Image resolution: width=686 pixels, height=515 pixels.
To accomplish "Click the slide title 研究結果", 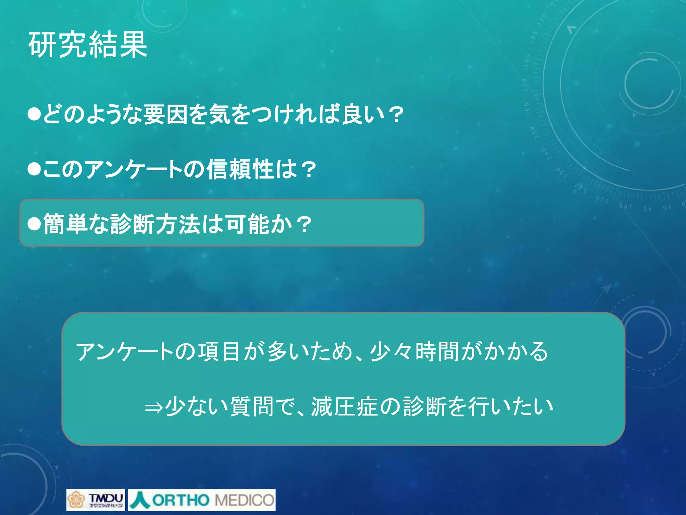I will click(x=88, y=45).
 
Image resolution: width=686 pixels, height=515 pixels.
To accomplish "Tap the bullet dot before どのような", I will click(x=34, y=114).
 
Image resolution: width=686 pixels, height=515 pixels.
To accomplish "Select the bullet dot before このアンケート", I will click(x=34, y=169).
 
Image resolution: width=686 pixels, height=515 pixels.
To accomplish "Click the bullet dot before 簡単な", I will click(x=34, y=224).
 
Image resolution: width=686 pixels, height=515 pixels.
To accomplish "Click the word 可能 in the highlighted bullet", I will click(x=247, y=224).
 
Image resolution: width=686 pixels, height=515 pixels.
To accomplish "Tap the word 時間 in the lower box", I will click(x=437, y=352).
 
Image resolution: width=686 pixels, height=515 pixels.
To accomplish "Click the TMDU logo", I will click(x=95, y=500).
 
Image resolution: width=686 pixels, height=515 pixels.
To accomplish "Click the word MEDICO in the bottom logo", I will click(x=244, y=500).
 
